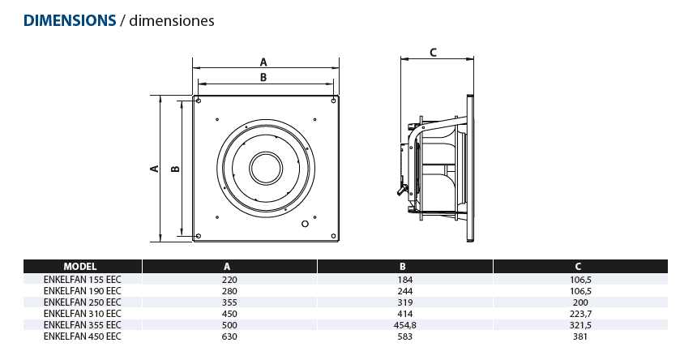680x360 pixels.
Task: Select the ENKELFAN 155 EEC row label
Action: (x=82, y=278)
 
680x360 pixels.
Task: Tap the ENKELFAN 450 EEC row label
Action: (x=82, y=335)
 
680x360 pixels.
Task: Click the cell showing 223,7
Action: (x=577, y=312)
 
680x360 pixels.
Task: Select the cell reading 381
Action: (x=577, y=335)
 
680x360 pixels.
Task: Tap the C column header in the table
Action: (x=577, y=266)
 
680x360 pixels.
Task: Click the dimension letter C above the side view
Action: (x=433, y=53)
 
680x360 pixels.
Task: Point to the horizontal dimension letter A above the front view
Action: (x=263, y=61)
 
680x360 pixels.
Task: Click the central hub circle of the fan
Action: (x=264, y=169)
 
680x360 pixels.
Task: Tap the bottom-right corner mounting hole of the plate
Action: (x=334, y=237)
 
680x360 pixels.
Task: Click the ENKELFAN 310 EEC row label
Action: (x=82, y=312)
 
